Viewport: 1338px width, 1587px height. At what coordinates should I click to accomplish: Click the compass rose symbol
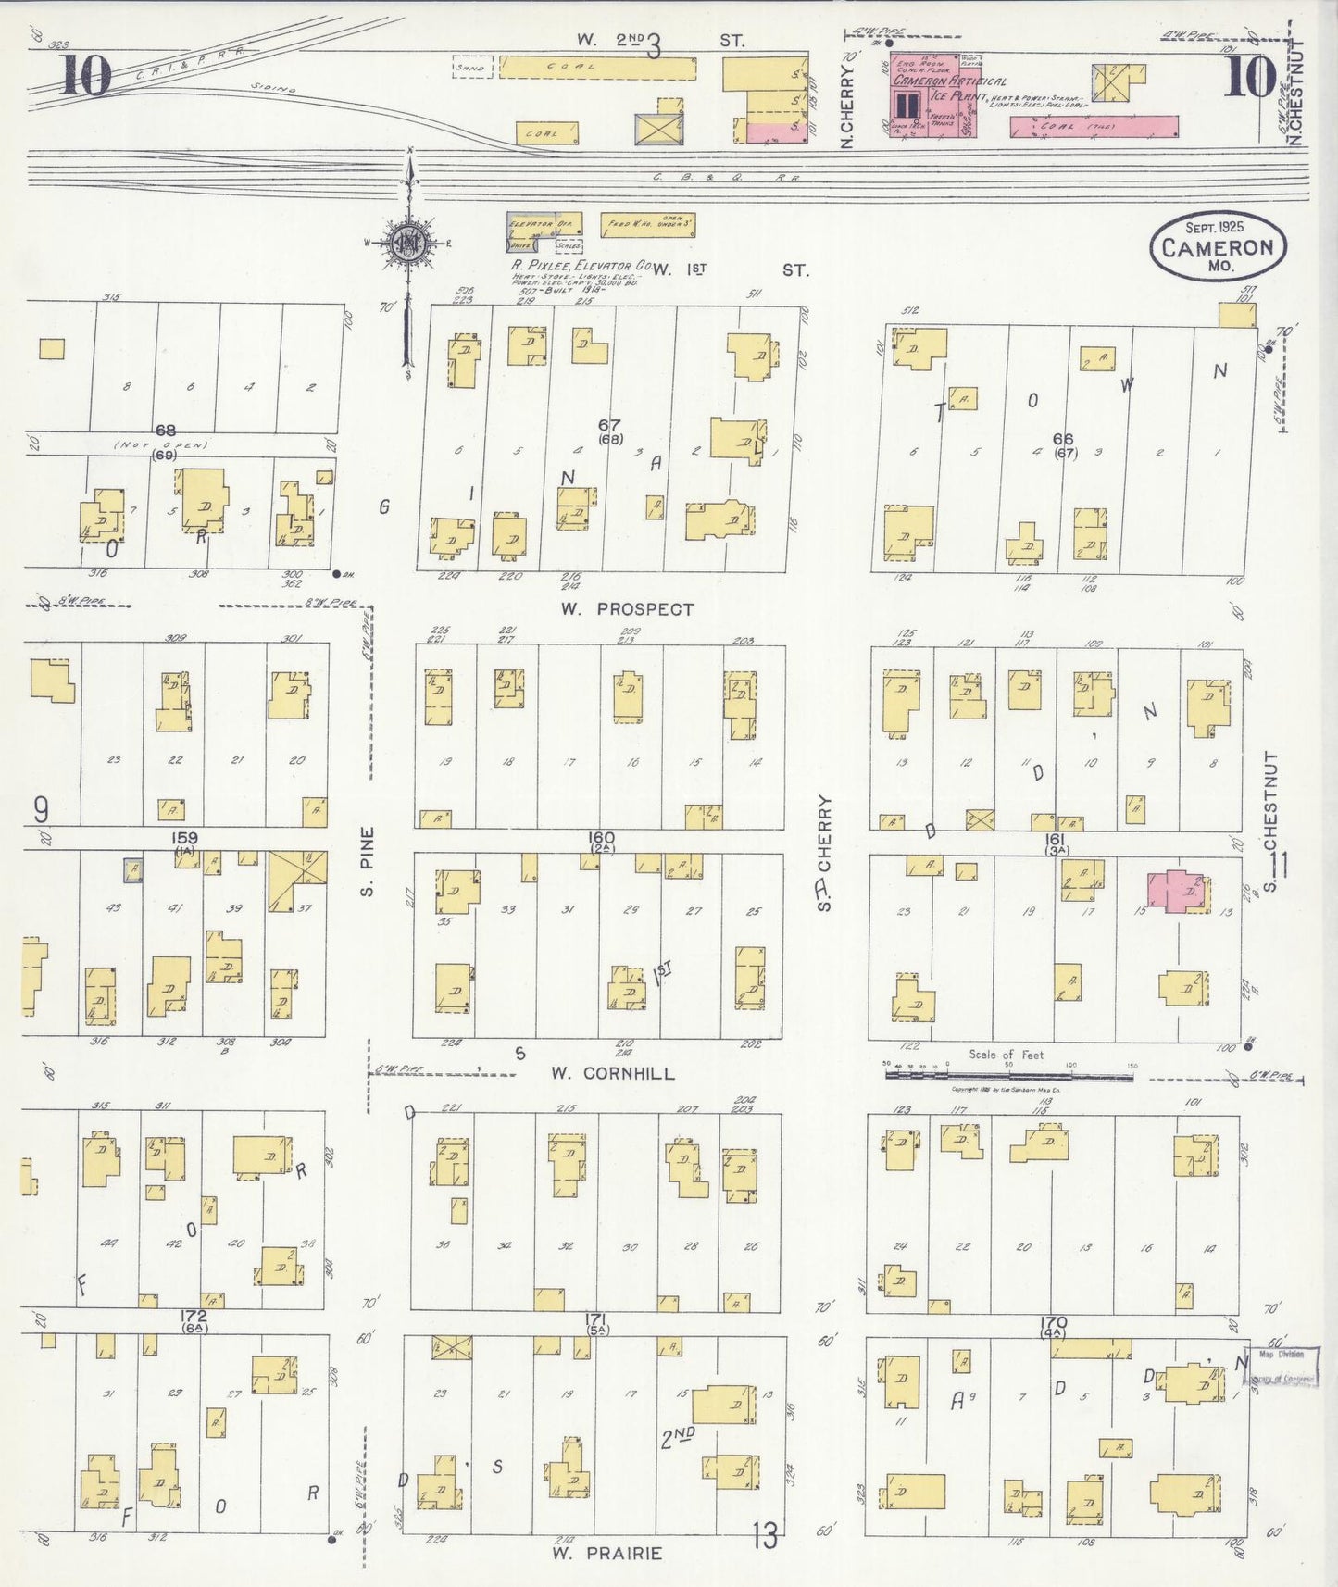click(x=408, y=244)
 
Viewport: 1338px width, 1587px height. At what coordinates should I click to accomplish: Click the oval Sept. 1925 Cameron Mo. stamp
click(x=1218, y=245)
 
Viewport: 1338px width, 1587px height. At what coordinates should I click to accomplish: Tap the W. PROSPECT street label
click(x=627, y=609)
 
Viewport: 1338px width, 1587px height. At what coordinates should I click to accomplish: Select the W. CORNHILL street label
click(x=613, y=1073)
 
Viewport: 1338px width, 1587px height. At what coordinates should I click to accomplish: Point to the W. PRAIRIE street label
click(x=606, y=1554)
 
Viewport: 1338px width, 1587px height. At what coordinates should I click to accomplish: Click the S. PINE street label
click(x=368, y=861)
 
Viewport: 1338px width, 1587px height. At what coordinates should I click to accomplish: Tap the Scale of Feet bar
click(x=1009, y=1076)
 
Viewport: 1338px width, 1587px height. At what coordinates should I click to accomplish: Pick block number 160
click(x=602, y=839)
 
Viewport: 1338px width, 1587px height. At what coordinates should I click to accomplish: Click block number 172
click(x=194, y=1316)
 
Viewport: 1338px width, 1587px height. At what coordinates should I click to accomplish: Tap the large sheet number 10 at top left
click(x=85, y=76)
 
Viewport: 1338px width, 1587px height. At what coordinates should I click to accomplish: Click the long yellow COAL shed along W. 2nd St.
click(x=597, y=68)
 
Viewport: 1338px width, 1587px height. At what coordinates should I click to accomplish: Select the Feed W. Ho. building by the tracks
click(x=647, y=226)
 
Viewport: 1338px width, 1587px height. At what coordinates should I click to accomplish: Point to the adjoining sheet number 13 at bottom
click(x=764, y=1537)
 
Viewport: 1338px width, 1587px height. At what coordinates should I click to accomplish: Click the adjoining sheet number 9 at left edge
click(x=41, y=811)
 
